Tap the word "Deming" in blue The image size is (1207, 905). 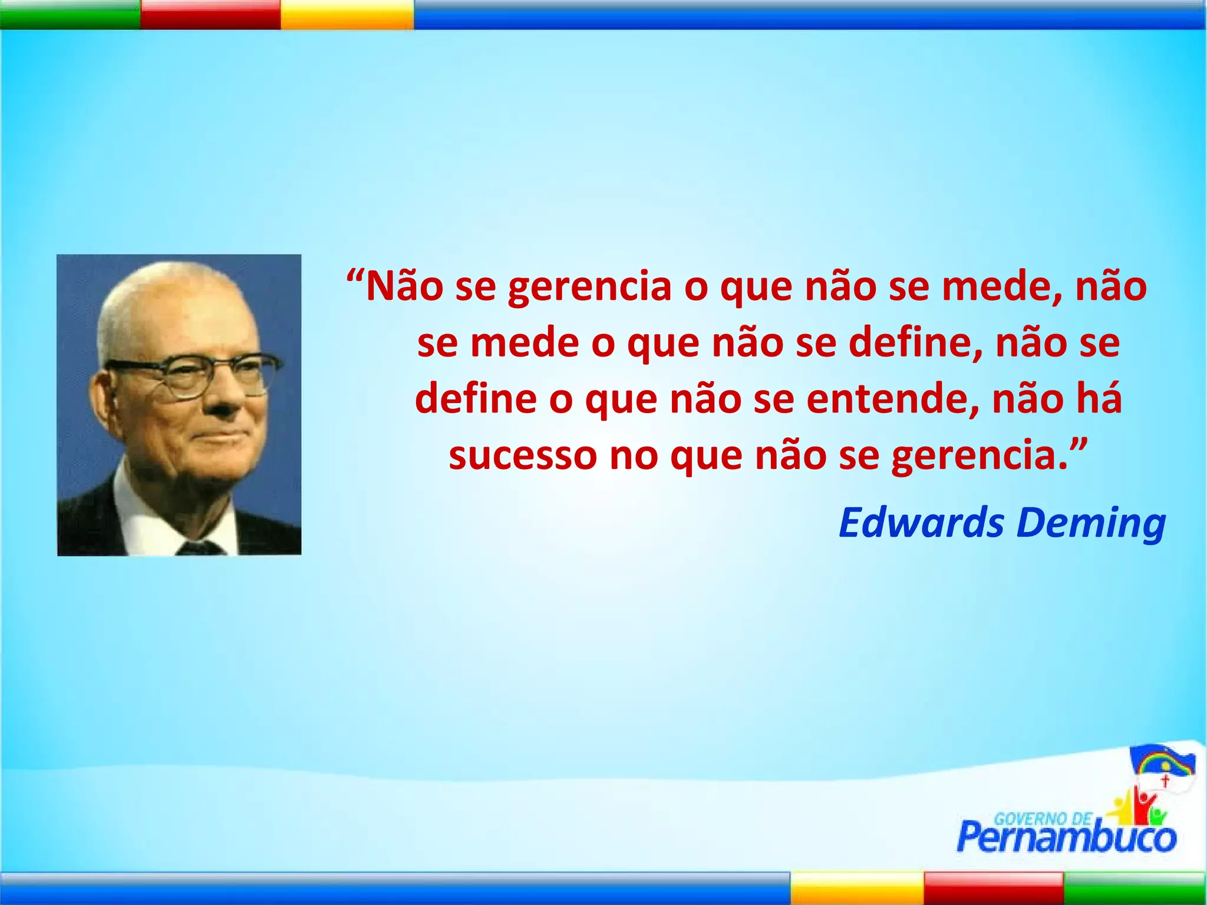(1091, 523)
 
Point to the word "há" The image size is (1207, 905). (1099, 399)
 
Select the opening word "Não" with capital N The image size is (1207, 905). (404, 287)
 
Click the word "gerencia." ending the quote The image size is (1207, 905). (980, 457)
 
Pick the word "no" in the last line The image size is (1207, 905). (634, 457)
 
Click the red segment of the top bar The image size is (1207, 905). (210, 14)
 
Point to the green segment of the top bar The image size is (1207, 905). (70, 14)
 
